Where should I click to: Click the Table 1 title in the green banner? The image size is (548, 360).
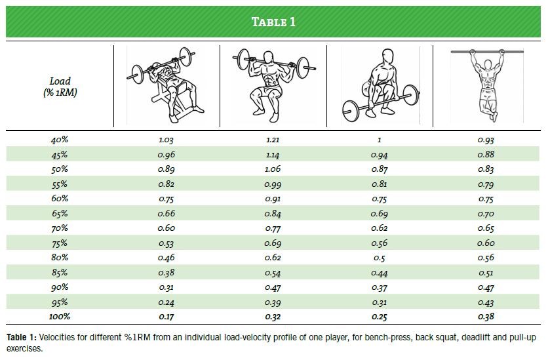click(x=273, y=22)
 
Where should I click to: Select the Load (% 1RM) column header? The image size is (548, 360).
click(x=60, y=87)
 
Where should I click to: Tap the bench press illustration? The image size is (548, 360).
click(x=165, y=85)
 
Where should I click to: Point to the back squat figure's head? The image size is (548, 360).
click(x=268, y=58)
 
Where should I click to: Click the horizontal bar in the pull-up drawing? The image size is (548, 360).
click(x=487, y=52)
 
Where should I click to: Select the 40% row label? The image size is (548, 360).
click(x=60, y=140)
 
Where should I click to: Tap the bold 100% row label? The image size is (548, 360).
click(x=60, y=317)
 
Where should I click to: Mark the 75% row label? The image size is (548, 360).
click(x=60, y=243)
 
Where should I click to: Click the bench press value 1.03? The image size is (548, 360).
click(x=166, y=140)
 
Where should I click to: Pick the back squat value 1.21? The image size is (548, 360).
click(x=273, y=140)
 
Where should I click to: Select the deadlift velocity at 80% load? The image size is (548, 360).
click(x=379, y=258)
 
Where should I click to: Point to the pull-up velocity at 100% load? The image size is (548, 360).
click(x=486, y=317)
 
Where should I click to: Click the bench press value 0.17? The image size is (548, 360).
click(x=166, y=317)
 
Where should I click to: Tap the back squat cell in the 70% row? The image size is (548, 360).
click(x=273, y=229)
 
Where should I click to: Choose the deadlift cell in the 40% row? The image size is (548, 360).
click(x=379, y=140)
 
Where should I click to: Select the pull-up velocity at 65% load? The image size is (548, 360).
click(x=486, y=214)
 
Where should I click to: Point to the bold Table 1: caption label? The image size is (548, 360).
click(x=22, y=337)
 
